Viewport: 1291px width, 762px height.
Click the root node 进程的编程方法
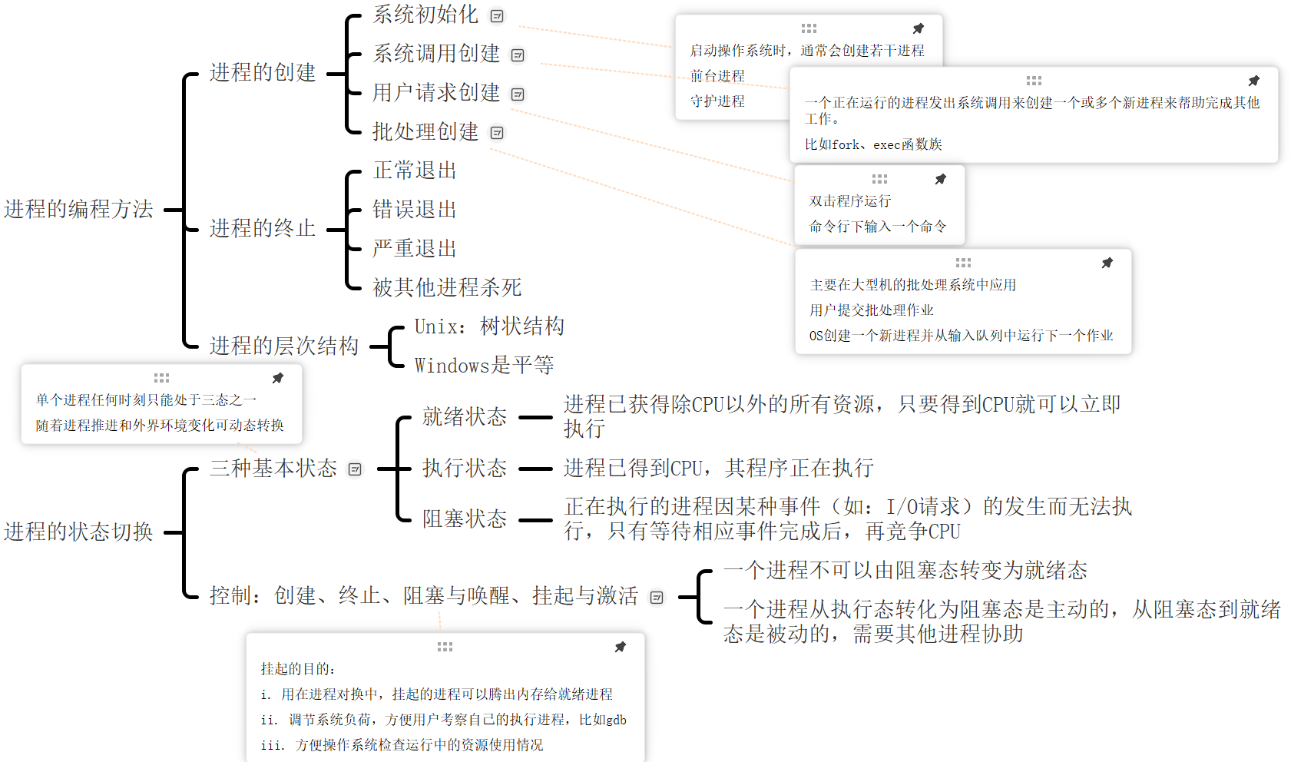pyautogui.click(x=78, y=209)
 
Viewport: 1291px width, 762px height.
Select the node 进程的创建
pyautogui.click(x=263, y=73)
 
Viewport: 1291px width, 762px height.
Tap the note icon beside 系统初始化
pyautogui.click(x=497, y=16)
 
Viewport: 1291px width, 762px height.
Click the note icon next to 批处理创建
pyautogui.click(x=497, y=133)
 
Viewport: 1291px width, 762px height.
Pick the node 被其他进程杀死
pyautogui.click(x=447, y=288)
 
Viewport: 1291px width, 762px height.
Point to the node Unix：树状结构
pyautogui.click(x=489, y=326)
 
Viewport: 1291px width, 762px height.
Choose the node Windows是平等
pyautogui.click(x=484, y=366)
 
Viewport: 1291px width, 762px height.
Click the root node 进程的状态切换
pyautogui.click(x=78, y=532)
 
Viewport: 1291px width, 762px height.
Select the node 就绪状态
pyautogui.click(x=465, y=417)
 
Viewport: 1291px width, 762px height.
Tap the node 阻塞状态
pyautogui.click(x=465, y=519)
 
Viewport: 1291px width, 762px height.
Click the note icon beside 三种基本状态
pyautogui.click(x=355, y=469)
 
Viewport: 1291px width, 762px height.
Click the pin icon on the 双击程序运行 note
pyautogui.click(x=941, y=179)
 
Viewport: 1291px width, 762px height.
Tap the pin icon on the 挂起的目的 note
pyautogui.click(x=621, y=647)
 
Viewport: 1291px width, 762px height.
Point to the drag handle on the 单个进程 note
pyautogui.click(x=161, y=378)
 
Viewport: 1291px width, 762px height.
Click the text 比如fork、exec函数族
pyautogui.click(x=873, y=144)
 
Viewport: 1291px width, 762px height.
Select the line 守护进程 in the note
pyautogui.click(x=717, y=101)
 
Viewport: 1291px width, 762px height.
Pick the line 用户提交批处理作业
pyautogui.click(x=872, y=310)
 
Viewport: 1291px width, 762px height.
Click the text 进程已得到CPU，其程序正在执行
pyautogui.click(x=718, y=469)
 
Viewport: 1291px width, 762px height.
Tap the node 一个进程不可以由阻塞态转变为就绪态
pyautogui.click(x=905, y=571)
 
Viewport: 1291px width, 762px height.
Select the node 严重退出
pyautogui.click(x=415, y=249)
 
